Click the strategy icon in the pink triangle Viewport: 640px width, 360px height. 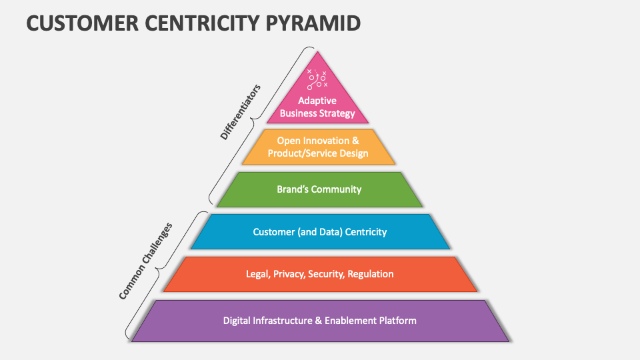coord(317,79)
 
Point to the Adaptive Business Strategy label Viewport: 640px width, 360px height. coord(317,107)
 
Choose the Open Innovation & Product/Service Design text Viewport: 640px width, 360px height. coord(318,147)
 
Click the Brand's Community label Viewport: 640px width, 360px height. coord(319,189)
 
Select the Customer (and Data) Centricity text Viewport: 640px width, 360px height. coord(319,232)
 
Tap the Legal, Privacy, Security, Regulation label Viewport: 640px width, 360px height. coord(320,274)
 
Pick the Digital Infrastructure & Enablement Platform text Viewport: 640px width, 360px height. coord(319,321)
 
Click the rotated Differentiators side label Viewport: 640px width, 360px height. coord(240,111)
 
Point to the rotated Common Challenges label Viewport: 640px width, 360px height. coord(145,261)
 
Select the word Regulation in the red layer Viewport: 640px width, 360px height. coord(371,274)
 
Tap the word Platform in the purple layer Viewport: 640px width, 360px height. coord(398,321)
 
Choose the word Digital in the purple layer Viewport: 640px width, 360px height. coord(237,321)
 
